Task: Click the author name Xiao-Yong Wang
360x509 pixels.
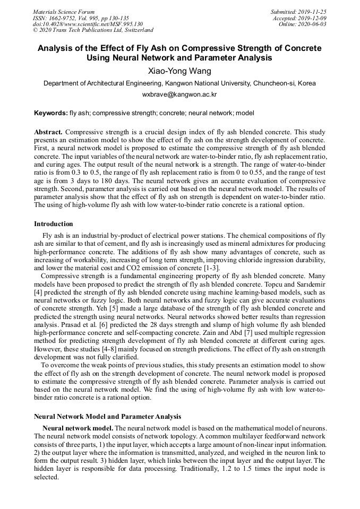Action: coord(179,71)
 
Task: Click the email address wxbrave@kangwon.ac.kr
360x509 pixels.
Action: coord(179,94)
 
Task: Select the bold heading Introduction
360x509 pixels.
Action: coord(54,224)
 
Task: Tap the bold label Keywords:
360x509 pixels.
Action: coord(51,113)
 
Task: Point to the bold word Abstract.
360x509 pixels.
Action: coord(48,131)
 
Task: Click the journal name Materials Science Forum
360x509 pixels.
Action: coord(64,12)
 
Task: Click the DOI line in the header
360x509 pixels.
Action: coord(88,24)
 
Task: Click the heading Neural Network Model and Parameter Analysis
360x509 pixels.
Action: coord(107,417)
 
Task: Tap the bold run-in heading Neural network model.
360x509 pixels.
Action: coord(78,428)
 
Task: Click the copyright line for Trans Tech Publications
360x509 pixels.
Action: coord(93,31)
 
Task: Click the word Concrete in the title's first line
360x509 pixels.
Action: coord(302,48)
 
